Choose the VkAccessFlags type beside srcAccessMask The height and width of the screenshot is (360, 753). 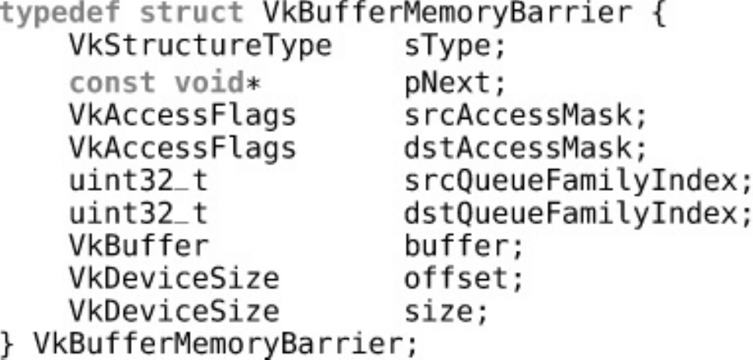[182, 116]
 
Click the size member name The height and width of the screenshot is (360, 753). [445, 312]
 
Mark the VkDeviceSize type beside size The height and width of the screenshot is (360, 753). [174, 312]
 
